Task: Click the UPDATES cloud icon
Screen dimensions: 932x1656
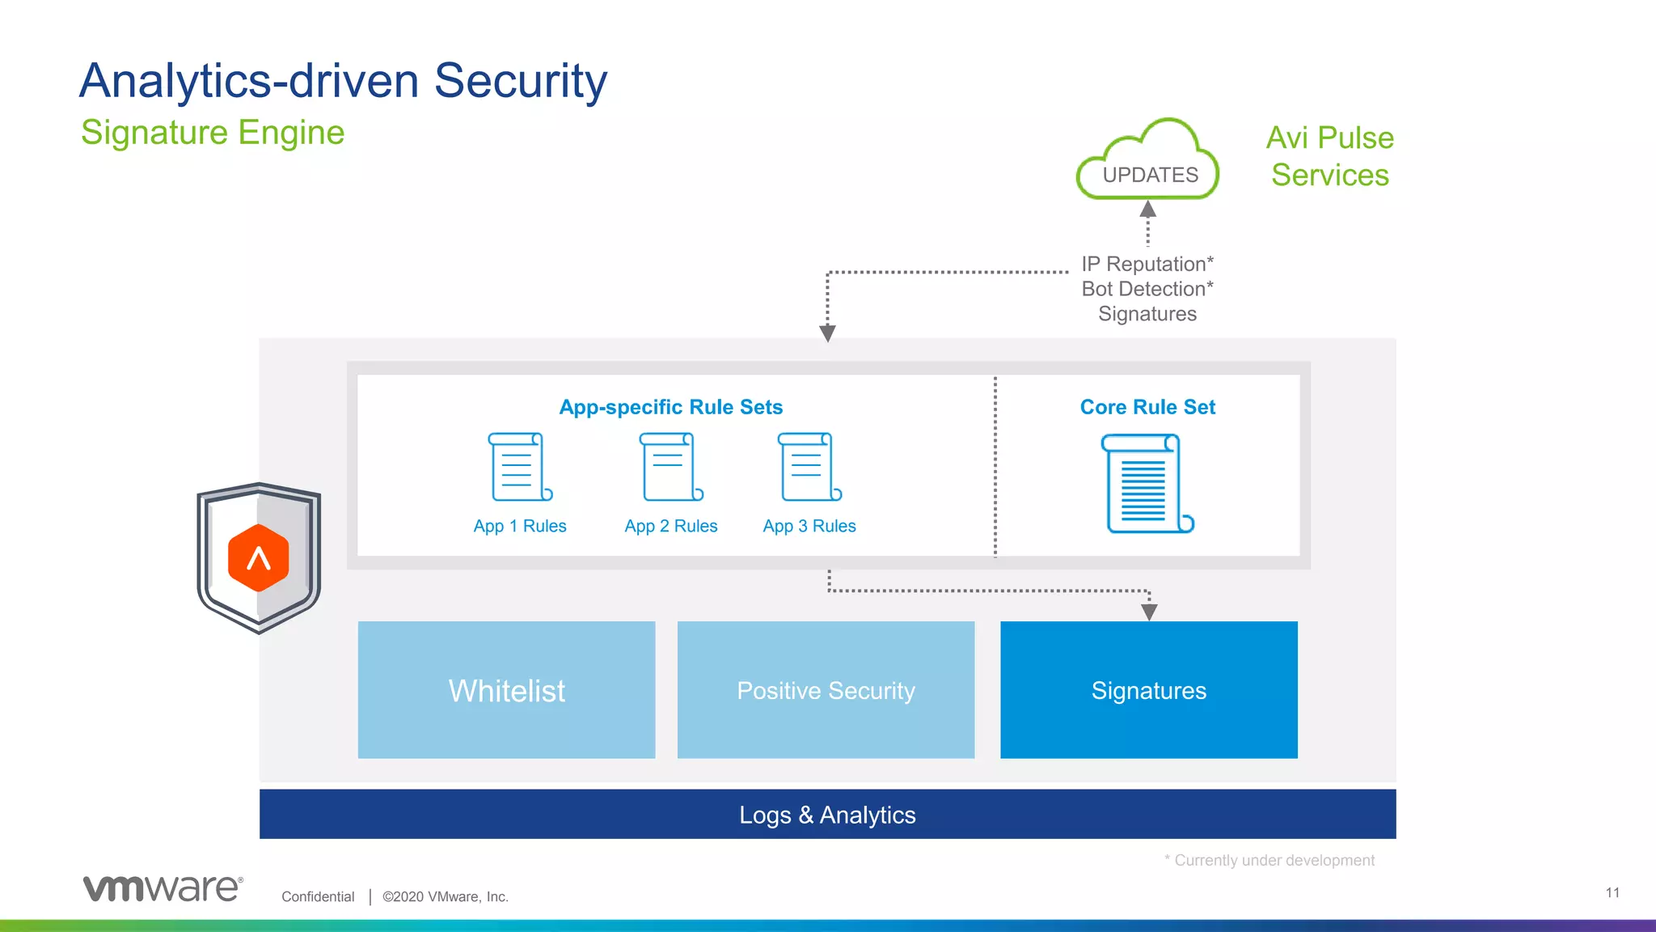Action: pos(1148,161)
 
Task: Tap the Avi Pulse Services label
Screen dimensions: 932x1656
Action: pos(1329,156)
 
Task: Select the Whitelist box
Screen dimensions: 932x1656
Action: pos(506,690)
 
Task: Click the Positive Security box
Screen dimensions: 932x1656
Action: pos(826,690)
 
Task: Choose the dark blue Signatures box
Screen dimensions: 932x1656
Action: pos(1148,690)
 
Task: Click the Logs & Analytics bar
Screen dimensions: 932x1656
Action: pos(827,815)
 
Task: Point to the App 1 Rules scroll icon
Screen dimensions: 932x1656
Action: pos(520,467)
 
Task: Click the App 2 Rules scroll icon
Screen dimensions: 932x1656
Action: pos(670,467)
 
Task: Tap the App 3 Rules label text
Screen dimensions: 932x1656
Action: pos(809,526)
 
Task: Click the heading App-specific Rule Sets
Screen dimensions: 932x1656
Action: pos(670,407)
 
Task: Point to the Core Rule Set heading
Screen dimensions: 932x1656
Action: pos(1147,407)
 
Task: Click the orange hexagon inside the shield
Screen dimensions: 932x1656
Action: pos(258,557)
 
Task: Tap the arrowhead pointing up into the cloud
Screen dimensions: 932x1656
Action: pos(1147,210)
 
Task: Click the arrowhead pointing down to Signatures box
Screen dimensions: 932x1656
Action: pos(1149,612)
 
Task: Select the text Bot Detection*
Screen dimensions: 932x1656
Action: pos(1147,289)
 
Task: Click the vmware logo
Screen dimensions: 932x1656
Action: pos(163,888)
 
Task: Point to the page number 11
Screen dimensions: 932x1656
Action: pos(1612,892)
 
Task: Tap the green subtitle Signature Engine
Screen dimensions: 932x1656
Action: pos(213,132)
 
